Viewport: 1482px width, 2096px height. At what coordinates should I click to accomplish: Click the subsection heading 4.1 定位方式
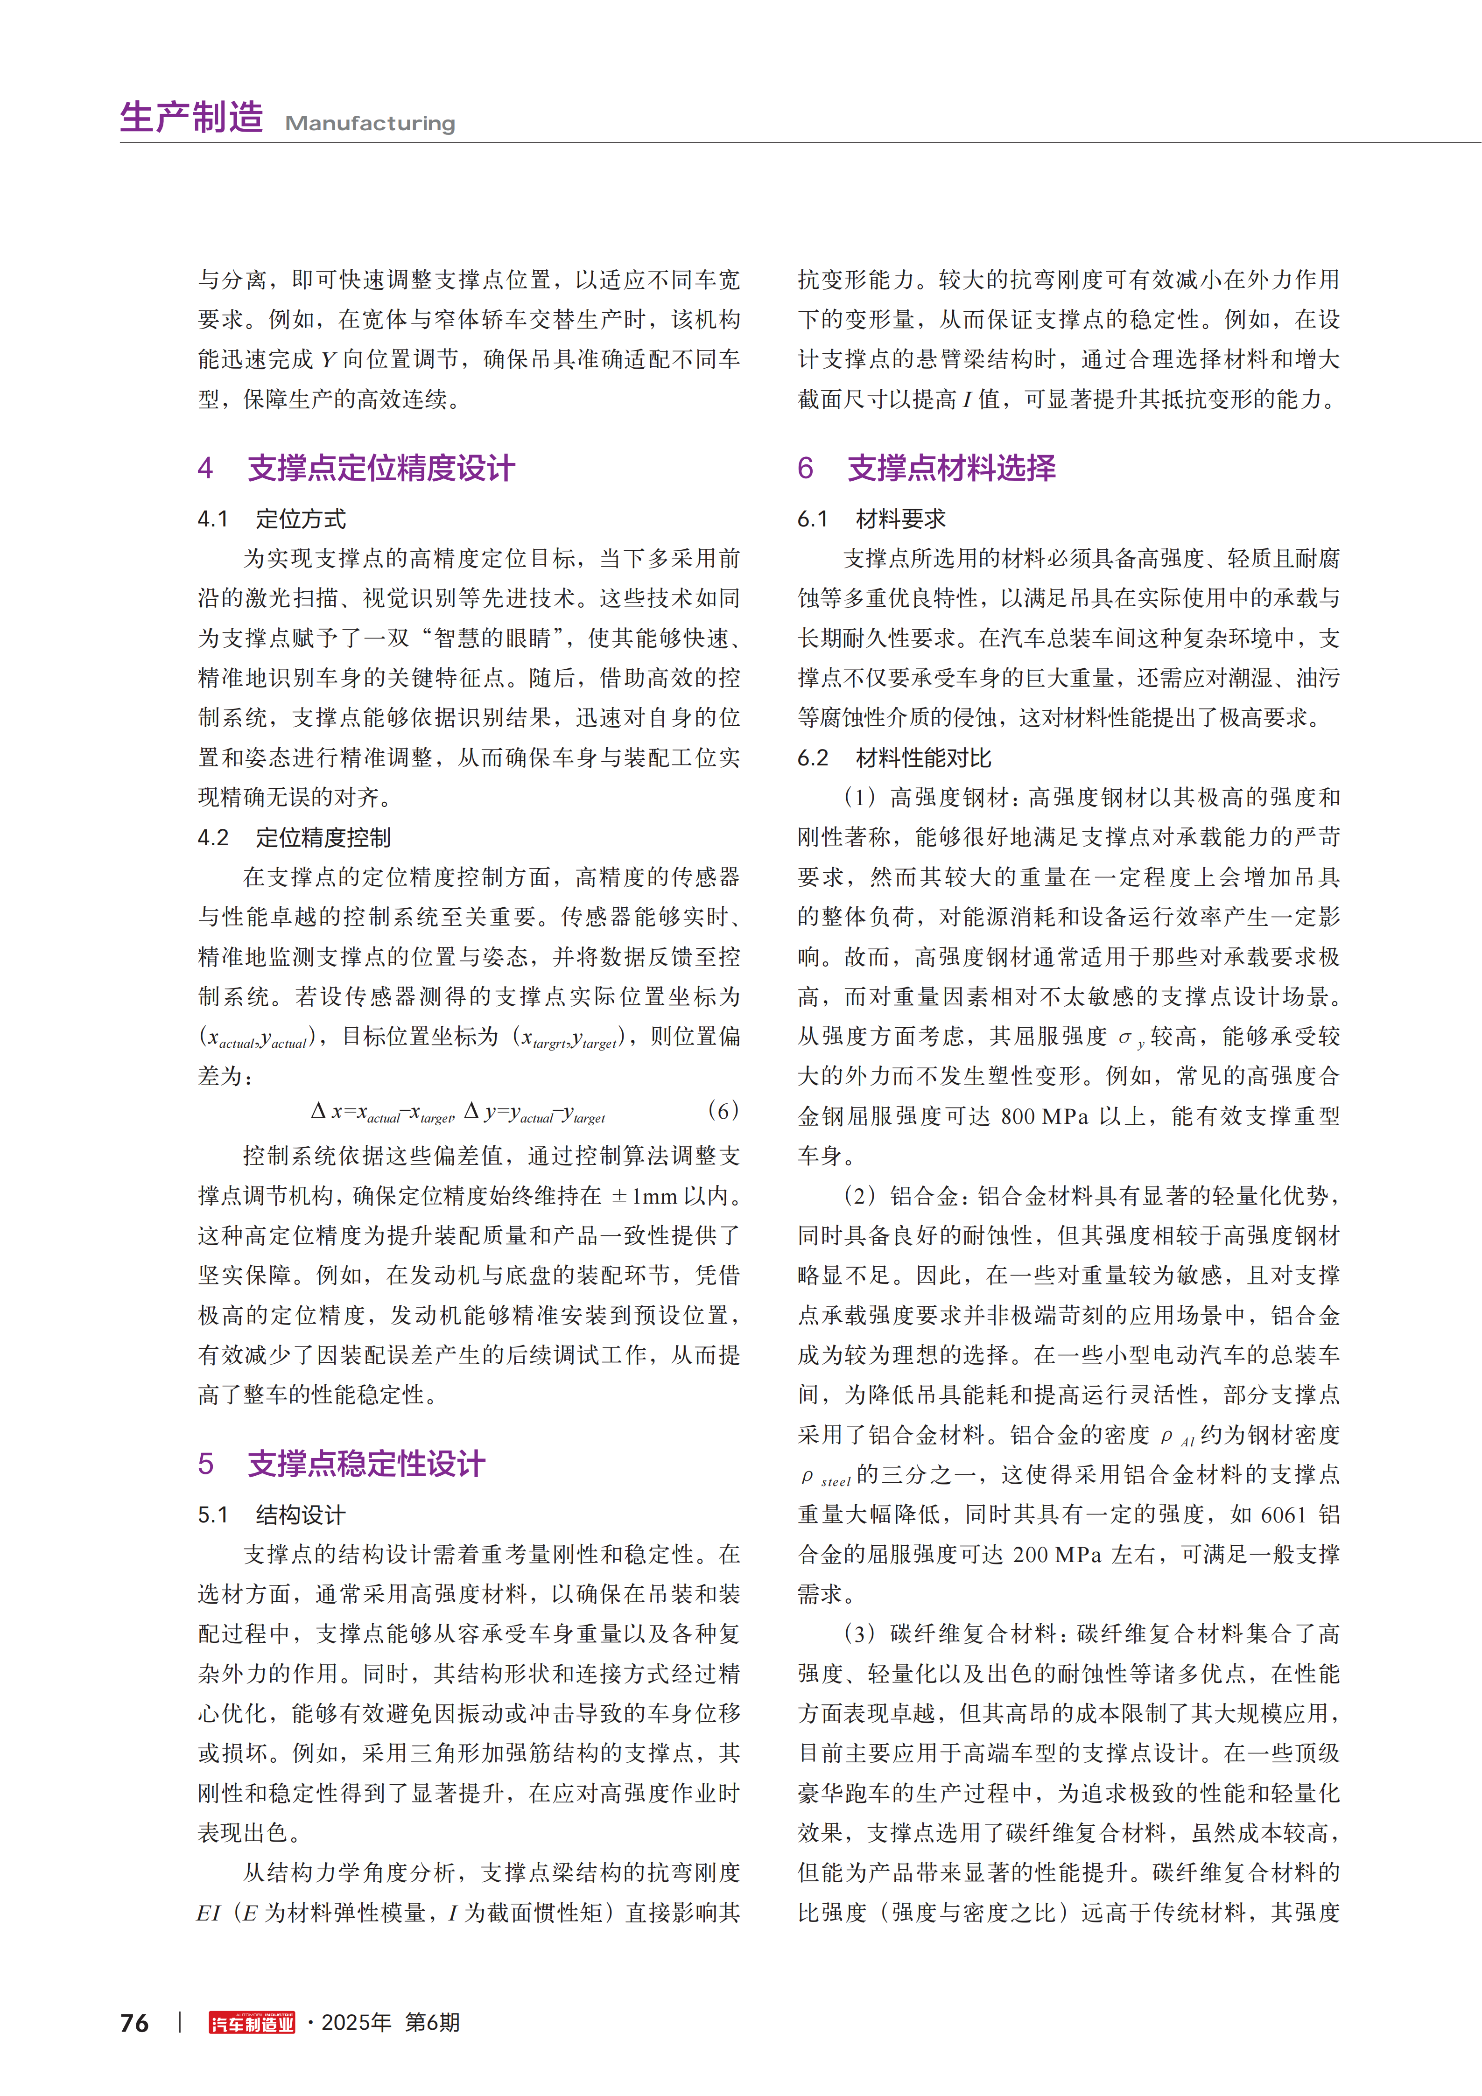(272, 519)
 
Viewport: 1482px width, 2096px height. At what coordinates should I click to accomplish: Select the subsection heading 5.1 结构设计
(272, 1515)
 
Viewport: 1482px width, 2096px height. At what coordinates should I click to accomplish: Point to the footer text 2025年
(356, 2022)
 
